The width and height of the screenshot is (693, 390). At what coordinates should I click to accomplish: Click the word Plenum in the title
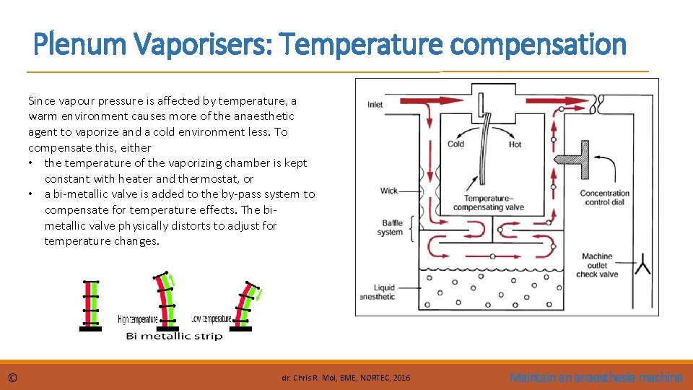point(78,45)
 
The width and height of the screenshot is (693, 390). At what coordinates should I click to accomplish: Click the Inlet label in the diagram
point(375,105)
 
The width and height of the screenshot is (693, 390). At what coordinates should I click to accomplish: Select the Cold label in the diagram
point(456,144)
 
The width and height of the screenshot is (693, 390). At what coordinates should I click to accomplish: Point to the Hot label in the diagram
point(515,144)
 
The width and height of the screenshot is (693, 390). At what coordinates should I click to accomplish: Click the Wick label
point(389,191)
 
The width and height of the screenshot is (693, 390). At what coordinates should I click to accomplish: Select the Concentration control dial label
point(604,198)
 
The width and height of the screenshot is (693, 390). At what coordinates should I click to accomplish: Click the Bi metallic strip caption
point(174,336)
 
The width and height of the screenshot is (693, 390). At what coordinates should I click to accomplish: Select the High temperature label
point(138,319)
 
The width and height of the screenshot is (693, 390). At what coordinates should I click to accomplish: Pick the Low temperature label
point(212,318)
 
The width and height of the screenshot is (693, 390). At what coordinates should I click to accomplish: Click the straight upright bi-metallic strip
point(90,303)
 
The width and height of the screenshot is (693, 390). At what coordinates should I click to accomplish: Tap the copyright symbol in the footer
point(13,378)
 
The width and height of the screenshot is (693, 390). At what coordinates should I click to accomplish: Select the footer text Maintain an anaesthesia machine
point(596,377)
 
